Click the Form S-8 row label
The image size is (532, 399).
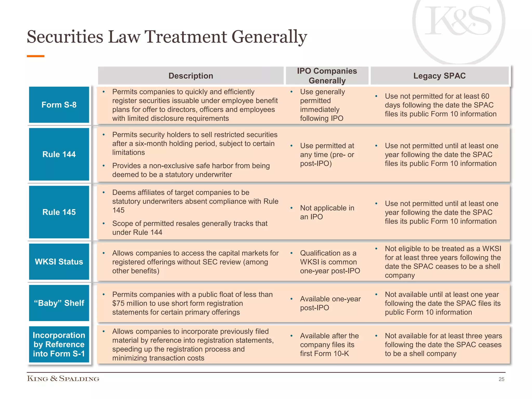(59, 105)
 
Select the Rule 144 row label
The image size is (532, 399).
(59, 154)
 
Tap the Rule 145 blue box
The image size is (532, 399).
(59, 212)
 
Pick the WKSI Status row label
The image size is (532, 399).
(59, 262)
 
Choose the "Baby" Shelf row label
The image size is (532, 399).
(59, 303)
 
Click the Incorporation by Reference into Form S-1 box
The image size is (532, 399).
(59, 344)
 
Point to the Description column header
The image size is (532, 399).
(191, 76)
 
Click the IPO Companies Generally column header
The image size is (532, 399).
(327, 76)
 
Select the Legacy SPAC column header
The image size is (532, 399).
(439, 76)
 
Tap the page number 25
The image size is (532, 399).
(501, 379)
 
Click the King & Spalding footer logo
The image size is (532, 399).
(63, 378)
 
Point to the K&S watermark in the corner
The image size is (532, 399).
(458, 22)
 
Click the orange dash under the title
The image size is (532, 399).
(36, 56)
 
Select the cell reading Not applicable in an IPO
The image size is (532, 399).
(327, 212)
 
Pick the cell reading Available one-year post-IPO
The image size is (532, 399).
(330, 303)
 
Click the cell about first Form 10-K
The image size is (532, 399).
(329, 344)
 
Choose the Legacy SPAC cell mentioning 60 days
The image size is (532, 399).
(440, 105)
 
